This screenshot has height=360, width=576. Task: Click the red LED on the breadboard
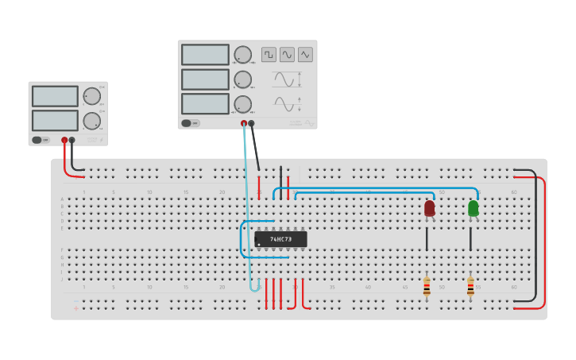[430, 208]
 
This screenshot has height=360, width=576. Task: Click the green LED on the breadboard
[474, 208]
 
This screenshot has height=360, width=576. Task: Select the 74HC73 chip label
[280, 239]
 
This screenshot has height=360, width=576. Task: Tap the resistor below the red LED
[427, 287]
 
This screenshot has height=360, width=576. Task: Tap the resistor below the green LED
[470, 287]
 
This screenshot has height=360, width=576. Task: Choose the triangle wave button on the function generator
[305, 55]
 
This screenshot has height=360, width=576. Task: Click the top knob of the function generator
[242, 55]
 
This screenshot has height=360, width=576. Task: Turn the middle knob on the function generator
[242, 79]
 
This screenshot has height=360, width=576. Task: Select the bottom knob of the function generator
[242, 104]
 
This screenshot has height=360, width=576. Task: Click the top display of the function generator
[205, 55]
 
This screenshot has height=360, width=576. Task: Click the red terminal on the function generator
[244, 123]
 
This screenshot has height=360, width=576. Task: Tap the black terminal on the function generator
[251, 123]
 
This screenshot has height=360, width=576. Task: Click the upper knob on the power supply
[92, 96]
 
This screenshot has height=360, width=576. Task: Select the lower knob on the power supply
[92, 121]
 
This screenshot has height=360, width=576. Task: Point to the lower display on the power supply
[55, 121]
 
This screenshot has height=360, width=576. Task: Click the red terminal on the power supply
[64, 140]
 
